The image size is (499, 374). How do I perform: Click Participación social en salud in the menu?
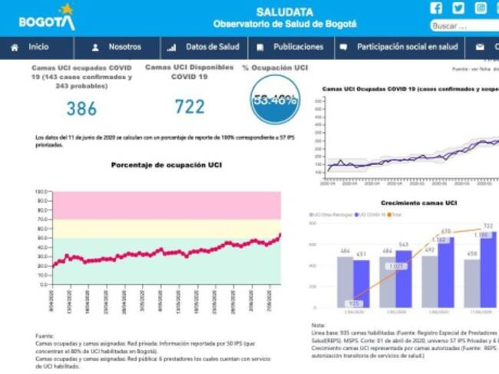(406, 47)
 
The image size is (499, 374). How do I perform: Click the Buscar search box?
(463, 26)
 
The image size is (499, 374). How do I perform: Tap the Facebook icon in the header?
(436, 8)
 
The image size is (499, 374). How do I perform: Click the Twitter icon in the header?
(458, 8)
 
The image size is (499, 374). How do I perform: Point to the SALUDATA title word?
(284, 12)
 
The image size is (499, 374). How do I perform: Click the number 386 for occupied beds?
(81, 108)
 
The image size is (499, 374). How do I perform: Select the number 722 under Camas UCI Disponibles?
(190, 107)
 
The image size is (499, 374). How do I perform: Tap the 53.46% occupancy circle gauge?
(275, 101)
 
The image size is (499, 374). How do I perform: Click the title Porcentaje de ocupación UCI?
(167, 165)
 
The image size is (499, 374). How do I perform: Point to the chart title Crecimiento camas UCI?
(419, 203)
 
